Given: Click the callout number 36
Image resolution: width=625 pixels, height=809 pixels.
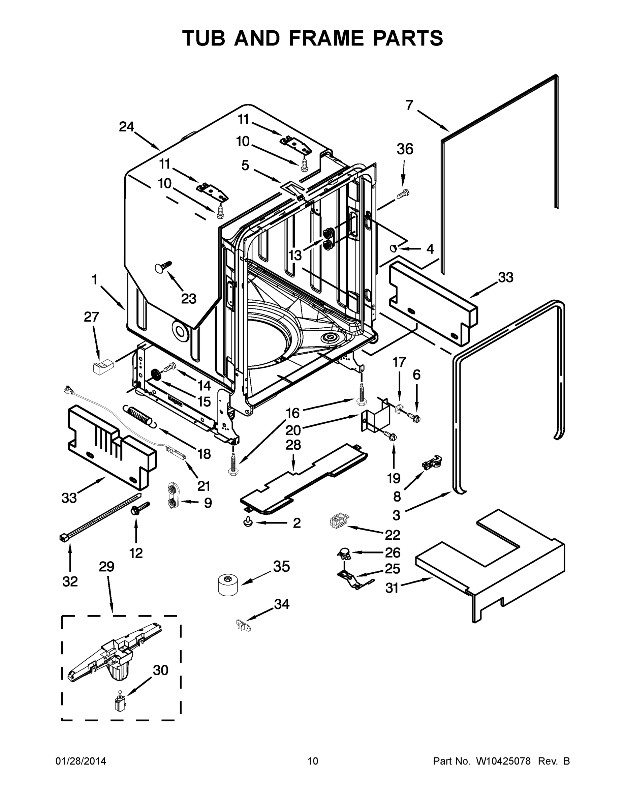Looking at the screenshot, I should coord(405,149).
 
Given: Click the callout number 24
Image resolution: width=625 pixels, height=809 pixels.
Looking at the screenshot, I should coord(126,127).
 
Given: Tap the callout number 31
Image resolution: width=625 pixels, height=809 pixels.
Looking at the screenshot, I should coord(392,588).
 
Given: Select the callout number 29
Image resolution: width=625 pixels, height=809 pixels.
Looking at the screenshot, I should coord(106,566).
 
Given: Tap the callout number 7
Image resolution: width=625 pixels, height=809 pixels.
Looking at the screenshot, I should coord(409,105).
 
